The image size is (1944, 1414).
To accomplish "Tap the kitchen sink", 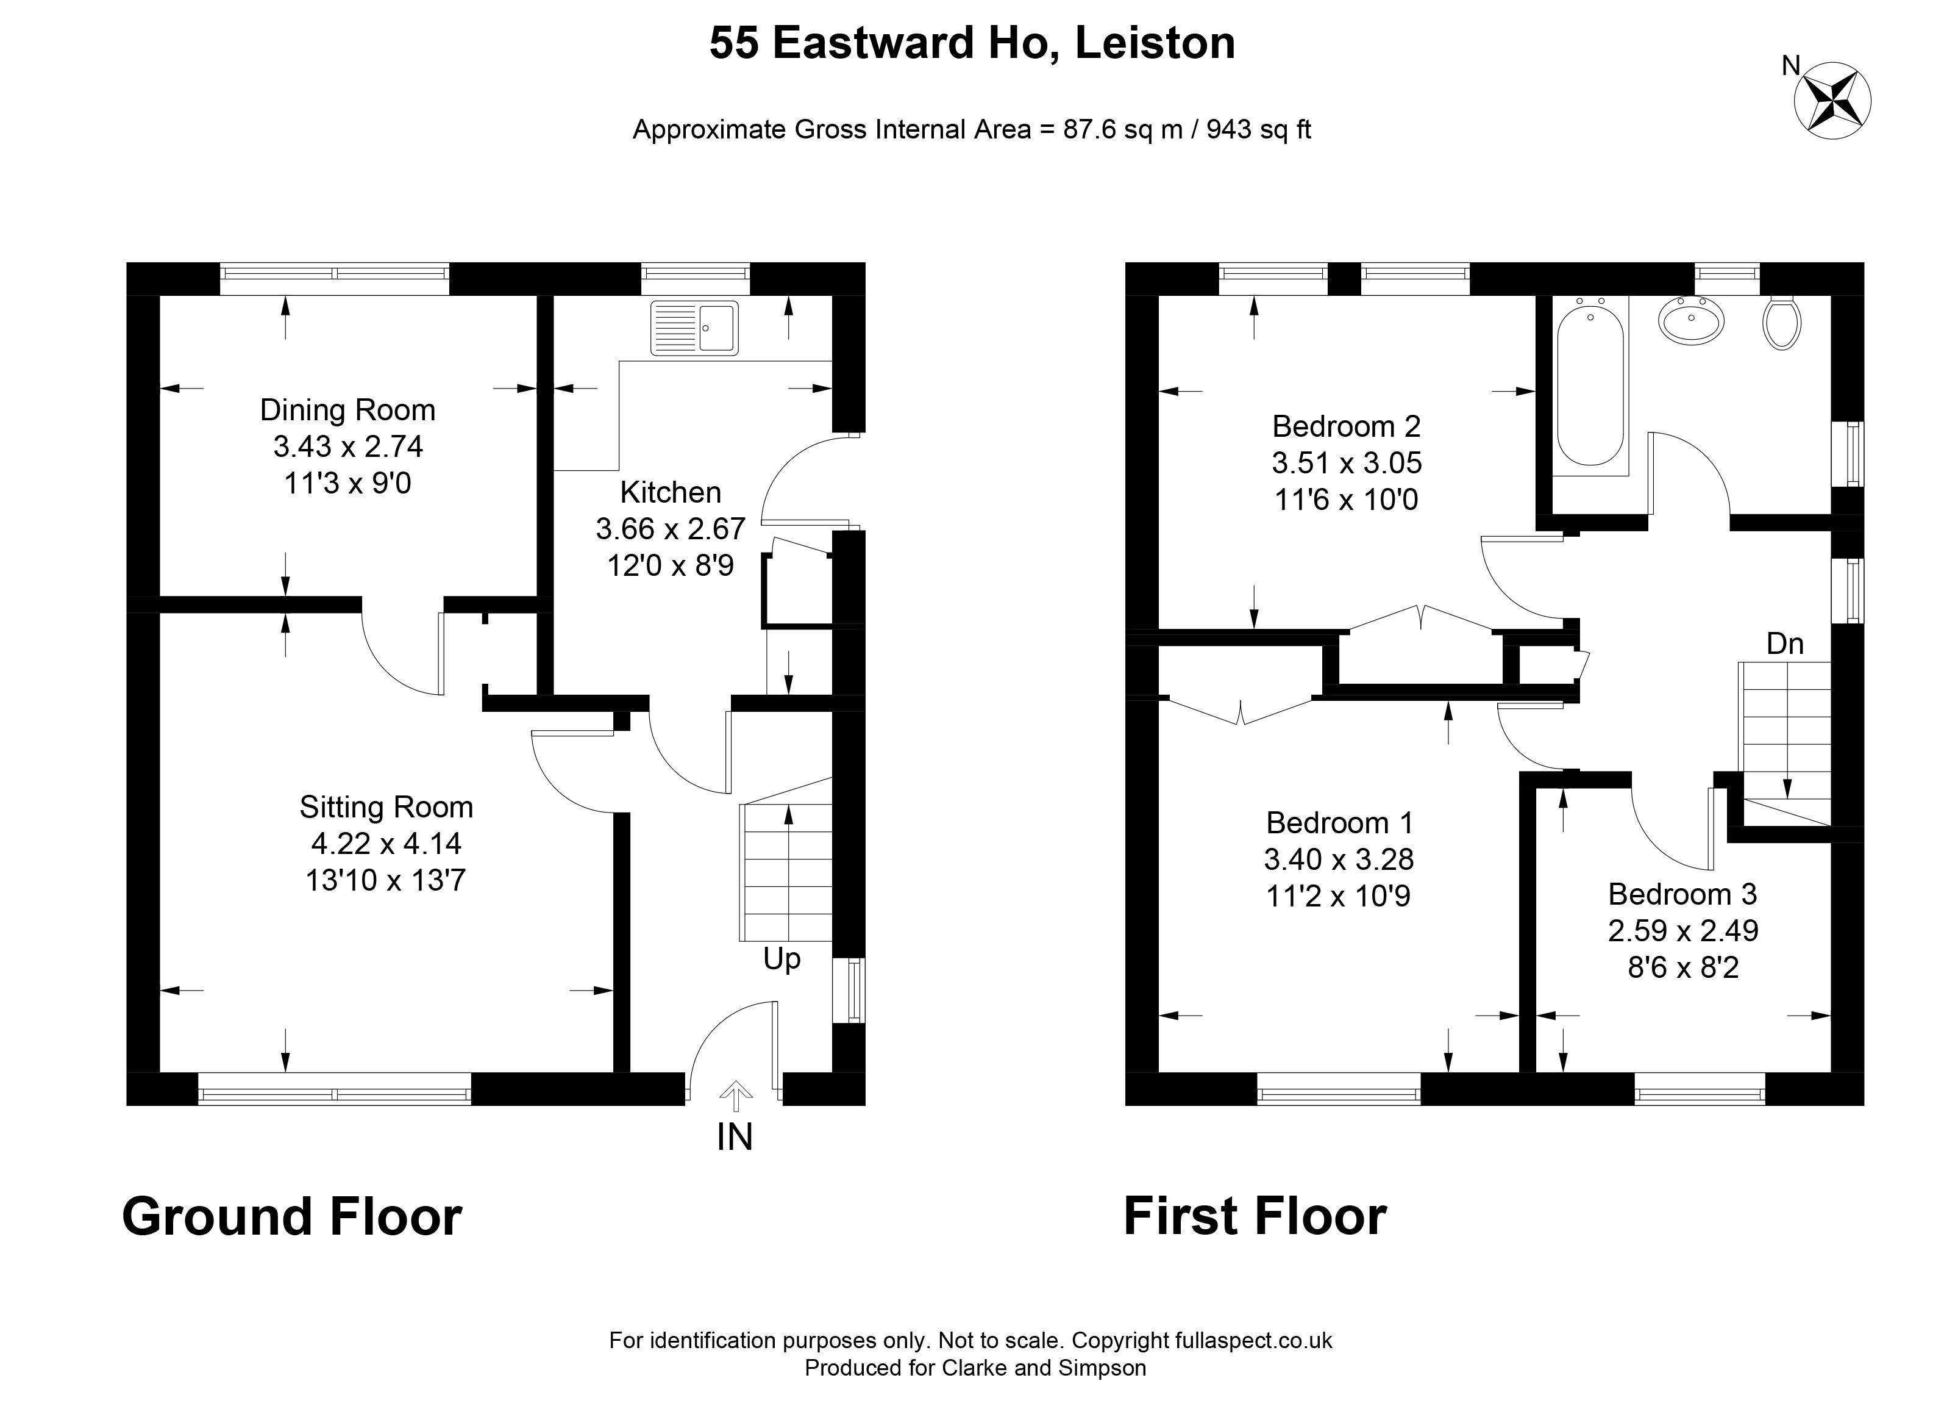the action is [694, 328].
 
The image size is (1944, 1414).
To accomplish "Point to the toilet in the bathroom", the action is [1782, 323].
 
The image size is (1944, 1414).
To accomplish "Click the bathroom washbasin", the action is [1692, 321].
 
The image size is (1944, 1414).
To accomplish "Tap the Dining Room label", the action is [348, 410].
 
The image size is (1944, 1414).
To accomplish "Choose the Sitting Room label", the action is [386, 807].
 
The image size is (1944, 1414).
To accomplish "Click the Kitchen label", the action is [671, 492].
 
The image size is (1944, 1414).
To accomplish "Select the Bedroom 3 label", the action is [1682, 894].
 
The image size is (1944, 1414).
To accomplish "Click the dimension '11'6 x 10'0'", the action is [1347, 499].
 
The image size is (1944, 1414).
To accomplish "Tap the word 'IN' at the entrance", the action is [735, 1137].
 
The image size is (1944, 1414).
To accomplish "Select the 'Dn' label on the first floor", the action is [1784, 643].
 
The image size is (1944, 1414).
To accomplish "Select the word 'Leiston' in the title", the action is [1155, 43].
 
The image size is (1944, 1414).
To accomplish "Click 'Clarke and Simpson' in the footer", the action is [1044, 1367].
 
